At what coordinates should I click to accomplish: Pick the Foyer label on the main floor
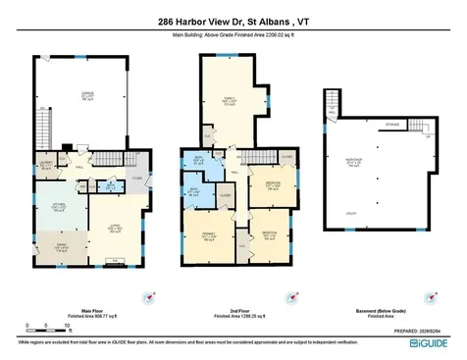(x=138, y=178)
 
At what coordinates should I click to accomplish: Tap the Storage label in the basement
(x=392, y=125)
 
